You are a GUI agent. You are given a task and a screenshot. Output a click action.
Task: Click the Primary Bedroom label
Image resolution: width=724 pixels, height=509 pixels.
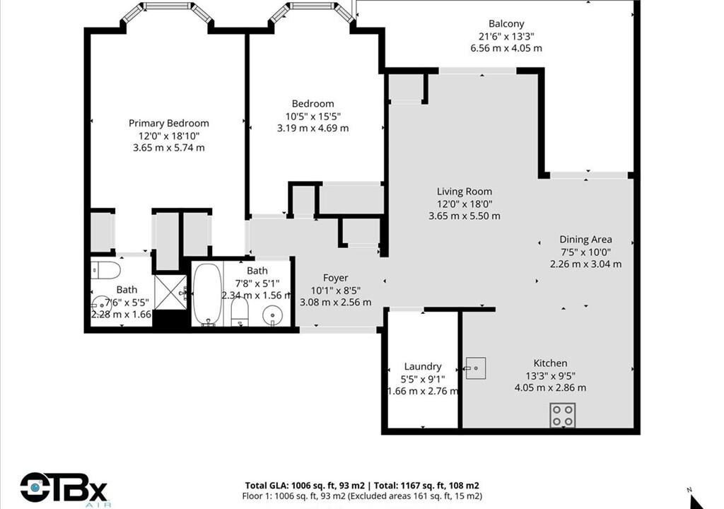pos(168,123)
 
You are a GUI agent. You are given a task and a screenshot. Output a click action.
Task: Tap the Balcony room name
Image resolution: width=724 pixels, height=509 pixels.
pos(506,23)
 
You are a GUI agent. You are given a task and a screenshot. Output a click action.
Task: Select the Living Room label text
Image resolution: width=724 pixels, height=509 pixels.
pos(465,191)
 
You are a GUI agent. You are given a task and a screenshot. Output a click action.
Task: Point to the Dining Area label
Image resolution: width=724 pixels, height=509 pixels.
pos(585,239)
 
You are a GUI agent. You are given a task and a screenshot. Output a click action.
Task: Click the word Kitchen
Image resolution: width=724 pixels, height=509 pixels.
pos(550,363)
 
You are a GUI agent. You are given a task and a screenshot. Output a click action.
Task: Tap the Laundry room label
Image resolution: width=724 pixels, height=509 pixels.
pos(423,366)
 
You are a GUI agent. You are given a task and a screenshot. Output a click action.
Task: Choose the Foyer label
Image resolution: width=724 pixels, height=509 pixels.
pos(335,278)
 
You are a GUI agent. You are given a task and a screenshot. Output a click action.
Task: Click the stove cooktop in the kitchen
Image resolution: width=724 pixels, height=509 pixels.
pos(562,415)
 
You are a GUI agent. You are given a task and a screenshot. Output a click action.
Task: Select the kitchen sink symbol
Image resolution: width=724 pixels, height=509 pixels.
pos(475,368)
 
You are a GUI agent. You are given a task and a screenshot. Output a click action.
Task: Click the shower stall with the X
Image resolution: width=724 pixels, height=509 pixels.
pos(170,293)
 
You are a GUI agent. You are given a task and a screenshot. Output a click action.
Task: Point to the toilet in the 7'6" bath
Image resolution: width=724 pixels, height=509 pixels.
pos(105,270)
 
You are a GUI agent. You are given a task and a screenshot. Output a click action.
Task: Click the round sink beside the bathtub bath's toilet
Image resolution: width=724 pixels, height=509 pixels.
pos(272,317)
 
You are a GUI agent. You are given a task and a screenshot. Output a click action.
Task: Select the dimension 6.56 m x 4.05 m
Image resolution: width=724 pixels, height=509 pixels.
pos(506,48)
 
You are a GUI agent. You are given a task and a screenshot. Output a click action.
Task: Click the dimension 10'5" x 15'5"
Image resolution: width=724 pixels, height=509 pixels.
pos(313,116)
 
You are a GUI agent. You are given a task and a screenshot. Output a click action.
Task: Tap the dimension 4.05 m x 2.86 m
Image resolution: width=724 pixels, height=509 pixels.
pos(550,387)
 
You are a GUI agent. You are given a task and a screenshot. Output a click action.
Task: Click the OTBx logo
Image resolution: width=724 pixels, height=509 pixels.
pos(63,488)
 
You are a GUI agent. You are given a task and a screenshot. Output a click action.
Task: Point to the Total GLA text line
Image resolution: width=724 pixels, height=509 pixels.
pos(362,486)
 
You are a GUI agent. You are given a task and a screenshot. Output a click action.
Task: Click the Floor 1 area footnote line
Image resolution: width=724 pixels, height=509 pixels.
pos(362,496)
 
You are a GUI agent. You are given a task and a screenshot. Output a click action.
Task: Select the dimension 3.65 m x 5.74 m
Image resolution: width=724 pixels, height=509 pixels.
pos(168,148)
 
